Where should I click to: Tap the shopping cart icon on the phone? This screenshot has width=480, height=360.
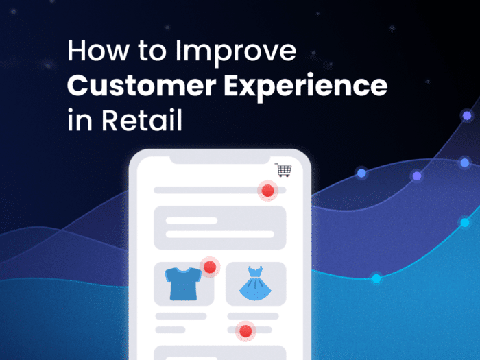(283, 169)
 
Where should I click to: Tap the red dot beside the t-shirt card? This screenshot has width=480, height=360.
(210, 267)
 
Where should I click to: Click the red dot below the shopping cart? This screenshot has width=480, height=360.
(267, 191)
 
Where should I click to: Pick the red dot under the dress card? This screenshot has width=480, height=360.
(245, 332)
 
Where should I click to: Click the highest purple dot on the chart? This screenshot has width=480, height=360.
(467, 115)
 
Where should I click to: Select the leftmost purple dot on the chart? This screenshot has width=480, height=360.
(361, 173)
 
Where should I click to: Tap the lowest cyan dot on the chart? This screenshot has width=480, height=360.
(376, 278)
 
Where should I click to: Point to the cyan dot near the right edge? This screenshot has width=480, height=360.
(465, 222)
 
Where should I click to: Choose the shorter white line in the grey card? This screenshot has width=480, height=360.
(191, 221)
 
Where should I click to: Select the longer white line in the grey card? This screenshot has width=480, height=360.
(220, 235)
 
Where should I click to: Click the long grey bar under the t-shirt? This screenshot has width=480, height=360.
(181, 316)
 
